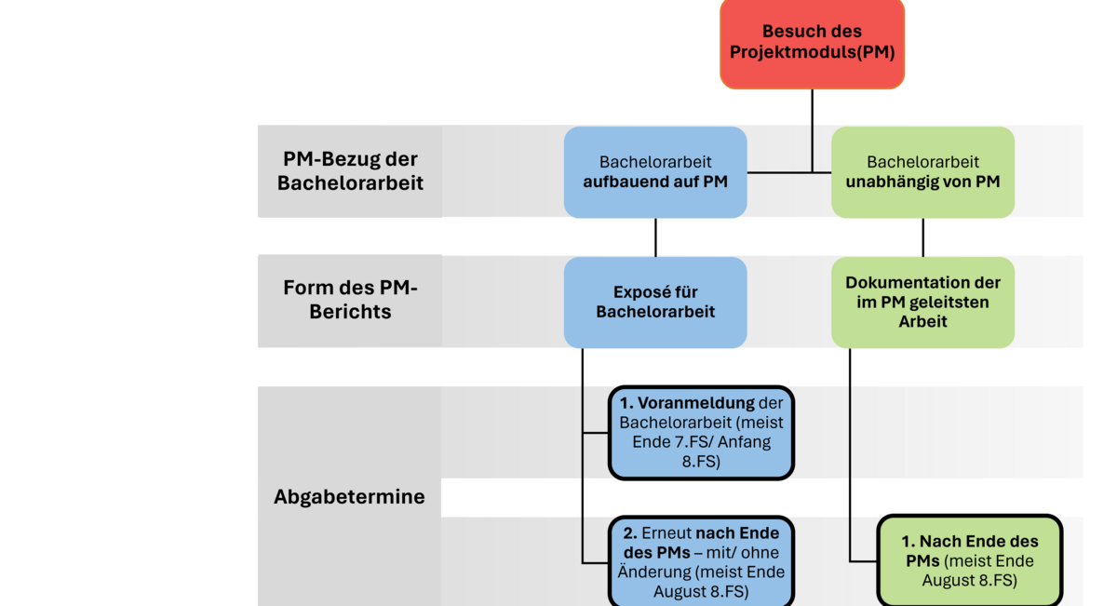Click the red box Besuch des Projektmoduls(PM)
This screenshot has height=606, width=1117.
point(812,43)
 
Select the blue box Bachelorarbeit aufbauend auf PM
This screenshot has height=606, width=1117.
point(655,172)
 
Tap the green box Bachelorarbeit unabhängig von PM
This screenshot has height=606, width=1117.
point(922,172)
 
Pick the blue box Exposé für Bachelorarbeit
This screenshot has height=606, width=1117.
point(655,303)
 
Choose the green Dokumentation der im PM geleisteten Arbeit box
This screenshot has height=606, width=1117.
point(922,303)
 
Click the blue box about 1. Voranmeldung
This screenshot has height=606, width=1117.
point(701,433)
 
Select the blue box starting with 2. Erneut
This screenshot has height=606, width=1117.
point(701,561)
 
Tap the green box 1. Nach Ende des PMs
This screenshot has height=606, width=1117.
point(969,561)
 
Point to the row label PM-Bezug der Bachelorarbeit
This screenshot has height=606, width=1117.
point(350,171)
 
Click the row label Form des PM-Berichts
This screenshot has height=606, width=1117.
point(350,299)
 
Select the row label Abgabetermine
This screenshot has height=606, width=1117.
point(349,497)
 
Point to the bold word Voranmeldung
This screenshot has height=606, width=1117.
point(696,402)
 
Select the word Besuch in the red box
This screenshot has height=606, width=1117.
point(786,31)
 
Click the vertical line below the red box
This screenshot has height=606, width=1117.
point(812,131)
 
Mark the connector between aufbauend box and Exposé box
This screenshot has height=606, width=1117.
point(655,237)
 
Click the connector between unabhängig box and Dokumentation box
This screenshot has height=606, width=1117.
point(922,237)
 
